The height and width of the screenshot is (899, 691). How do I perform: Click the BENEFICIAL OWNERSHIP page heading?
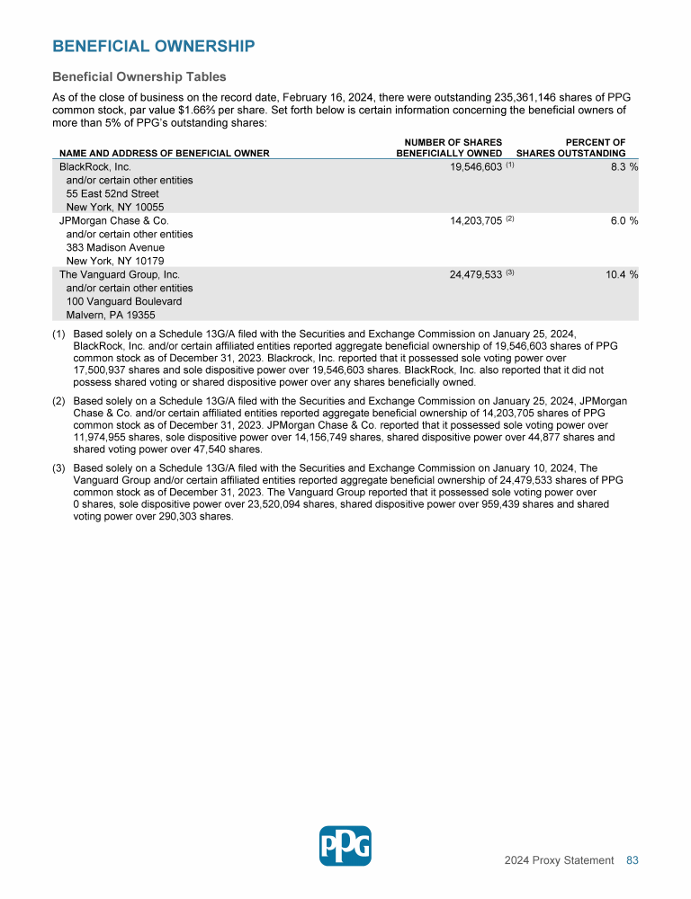(153, 46)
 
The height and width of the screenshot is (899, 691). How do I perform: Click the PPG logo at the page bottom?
(345, 845)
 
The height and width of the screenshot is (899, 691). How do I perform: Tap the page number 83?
(632, 860)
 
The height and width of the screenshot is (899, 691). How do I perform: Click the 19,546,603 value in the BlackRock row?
(476, 167)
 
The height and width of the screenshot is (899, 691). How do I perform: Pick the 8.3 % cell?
(621, 167)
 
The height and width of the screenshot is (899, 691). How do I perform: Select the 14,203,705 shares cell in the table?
(476, 220)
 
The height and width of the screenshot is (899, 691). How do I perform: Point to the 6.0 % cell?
(621, 220)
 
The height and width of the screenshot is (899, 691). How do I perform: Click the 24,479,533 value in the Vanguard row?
(476, 274)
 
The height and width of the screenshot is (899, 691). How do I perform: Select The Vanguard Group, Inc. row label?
(119, 274)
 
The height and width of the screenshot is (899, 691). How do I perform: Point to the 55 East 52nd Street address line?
(112, 193)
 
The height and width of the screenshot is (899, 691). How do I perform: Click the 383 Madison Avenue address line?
(115, 247)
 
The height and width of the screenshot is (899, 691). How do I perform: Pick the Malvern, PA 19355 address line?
(111, 315)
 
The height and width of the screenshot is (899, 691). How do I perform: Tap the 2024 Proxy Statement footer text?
(559, 860)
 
